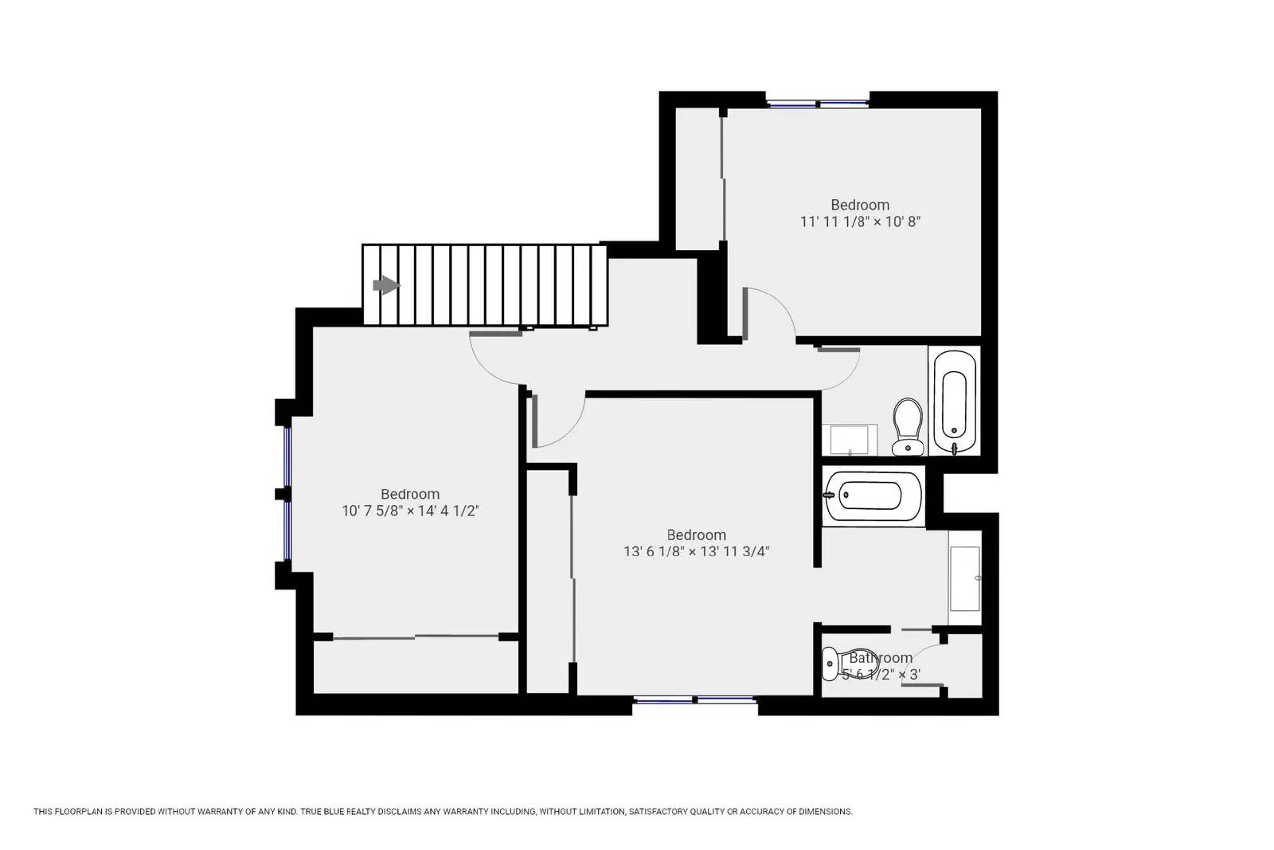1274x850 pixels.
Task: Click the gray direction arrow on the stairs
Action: tap(386, 285)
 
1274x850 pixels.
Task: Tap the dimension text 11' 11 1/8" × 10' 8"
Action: tap(860, 222)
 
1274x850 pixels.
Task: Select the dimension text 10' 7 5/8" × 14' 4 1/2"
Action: tap(410, 511)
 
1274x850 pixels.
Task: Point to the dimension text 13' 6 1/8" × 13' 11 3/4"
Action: tap(696, 551)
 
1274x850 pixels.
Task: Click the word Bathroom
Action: tap(881, 658)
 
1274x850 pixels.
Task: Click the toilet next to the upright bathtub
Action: tap(908, 427)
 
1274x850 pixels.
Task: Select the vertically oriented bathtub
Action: tap(955, 401)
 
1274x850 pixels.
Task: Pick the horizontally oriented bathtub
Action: tap(873, 496)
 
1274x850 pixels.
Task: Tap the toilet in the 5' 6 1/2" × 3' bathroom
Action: tap(850, 663)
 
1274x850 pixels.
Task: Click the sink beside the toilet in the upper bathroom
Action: tap(849, 440)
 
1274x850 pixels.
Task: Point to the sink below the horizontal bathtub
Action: tap(964, 578)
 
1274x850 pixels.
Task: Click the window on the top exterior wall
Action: tap(817, 104)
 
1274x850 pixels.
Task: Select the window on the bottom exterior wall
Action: tap(695, 699)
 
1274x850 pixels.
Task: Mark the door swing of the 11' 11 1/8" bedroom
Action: tap(781, 304)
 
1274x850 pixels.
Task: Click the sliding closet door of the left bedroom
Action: tap(416, 637)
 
